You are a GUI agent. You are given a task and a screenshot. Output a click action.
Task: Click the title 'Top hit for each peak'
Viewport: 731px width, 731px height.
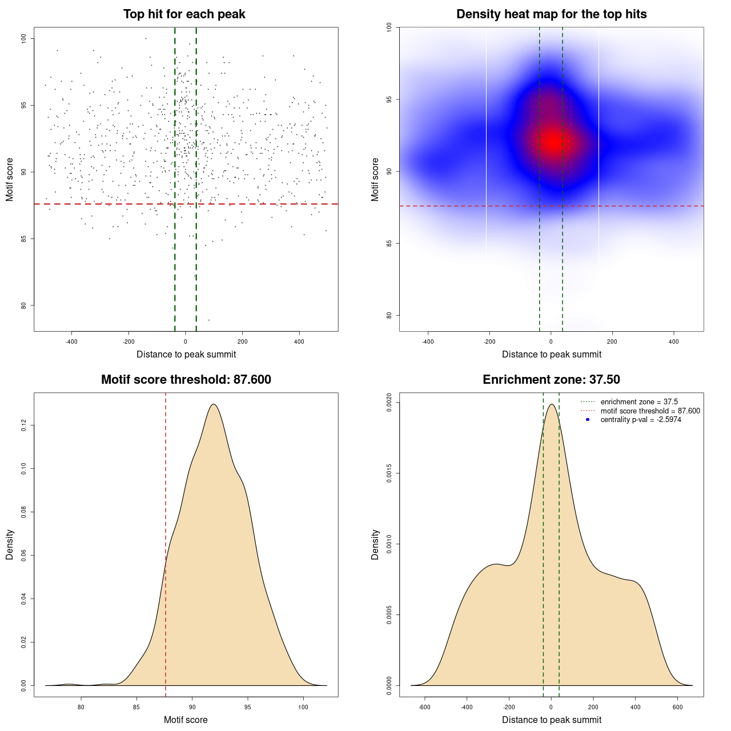pyautogui.click(x=184, y=14)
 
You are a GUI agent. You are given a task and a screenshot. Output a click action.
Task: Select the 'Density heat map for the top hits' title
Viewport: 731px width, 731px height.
pyautogui.click(x=551, y=14)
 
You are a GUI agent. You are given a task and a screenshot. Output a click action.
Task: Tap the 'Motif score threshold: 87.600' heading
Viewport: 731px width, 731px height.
pyautogui.click(x=186, y=380)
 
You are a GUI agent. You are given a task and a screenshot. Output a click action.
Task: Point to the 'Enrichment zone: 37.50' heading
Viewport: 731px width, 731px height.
pyautogui.click(x=551, y=380)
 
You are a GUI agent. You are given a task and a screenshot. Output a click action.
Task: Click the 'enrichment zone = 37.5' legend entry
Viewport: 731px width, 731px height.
pyautogui.click(x=639, y=402)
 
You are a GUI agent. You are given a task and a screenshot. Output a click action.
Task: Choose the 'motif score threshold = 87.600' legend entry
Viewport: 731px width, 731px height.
pyautogui.click(x=650, y=411)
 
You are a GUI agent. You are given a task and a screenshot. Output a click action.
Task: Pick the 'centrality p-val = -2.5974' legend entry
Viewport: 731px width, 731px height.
pyautogui.click(x=641, y=420)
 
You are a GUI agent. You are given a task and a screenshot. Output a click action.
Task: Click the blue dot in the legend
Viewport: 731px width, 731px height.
pyautogui.click(x=588, y=420)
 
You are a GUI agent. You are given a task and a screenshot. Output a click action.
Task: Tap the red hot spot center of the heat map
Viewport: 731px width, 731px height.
pyautogui.click(x=553, y=141)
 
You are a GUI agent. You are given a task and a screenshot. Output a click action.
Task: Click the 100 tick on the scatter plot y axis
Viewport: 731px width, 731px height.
pyautogui.click(x=23, y=38)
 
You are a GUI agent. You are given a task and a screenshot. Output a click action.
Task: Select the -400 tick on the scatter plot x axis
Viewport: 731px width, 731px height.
pyautogui.click(x=71, y=342)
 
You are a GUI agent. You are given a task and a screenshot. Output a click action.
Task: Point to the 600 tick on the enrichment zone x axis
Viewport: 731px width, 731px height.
pyautogui.click(x=678, y=707)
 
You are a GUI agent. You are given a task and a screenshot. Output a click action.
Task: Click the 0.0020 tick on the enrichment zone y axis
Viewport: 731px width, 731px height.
pyautogui.click(x=389, y=403)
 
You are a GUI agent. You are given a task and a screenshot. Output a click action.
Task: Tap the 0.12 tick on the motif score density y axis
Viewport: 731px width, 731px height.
pyautogui.click(x=23, y=425)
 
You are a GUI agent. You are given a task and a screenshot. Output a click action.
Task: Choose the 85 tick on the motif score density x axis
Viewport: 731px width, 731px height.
pyautogui.click(x=136, y=707)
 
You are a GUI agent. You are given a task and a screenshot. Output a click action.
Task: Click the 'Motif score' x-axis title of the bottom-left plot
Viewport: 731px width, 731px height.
pyautogui.click(x=186, y=720)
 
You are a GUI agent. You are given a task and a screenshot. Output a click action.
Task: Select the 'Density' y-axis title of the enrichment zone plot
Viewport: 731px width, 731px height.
pyautogui.click(x=375, y=544)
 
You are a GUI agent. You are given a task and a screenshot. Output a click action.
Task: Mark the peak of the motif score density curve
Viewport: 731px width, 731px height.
pyautogui.click(x=214, y=404)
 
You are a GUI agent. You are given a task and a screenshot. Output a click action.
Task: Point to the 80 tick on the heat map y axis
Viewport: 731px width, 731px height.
pyautogui.click(x=389, y=315)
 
